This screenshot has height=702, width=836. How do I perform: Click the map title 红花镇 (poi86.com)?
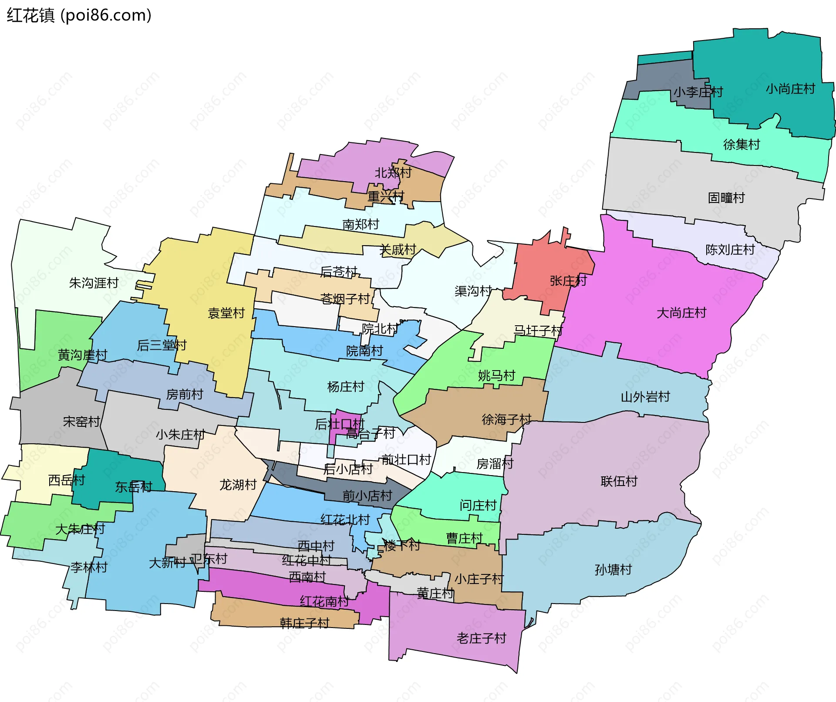pos(79,15)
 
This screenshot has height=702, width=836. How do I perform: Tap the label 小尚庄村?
pos(790,89)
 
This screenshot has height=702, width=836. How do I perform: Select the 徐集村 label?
pos(741,144)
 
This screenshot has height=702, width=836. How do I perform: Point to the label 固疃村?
pos(726,198)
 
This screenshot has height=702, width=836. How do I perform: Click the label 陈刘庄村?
pos(730,250)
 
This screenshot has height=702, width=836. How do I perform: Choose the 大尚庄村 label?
pos(681,313)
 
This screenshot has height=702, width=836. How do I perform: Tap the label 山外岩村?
pos(645,397)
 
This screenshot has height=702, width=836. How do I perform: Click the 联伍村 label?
pos(619,481)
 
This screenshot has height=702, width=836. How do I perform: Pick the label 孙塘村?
pos(613,570)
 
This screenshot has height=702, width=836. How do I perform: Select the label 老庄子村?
pos(481,638)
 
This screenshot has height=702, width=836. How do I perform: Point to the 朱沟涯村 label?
pos(94,283)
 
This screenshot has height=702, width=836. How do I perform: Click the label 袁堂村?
pos(226,313)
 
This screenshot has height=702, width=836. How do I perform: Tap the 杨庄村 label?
pos(345,387)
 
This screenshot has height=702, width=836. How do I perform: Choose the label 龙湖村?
pos(238,485)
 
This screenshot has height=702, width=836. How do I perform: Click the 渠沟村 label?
pos(473,291)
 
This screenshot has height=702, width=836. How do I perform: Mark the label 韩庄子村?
pos(304,623)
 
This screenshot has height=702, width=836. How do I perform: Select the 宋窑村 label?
pos(81,422)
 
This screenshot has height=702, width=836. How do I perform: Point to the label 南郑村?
pos(361,224)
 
